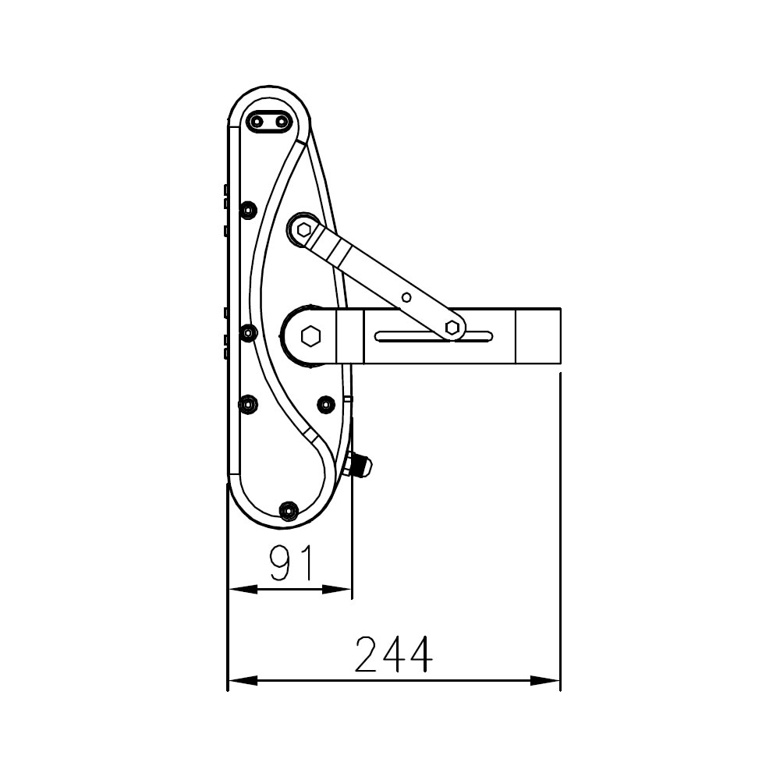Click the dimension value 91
pyautogui.click(x=292, y=562)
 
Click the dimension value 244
pyautogui.click(x=393, y=654)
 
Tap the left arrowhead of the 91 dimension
pyautogui.click(x=243, y=590)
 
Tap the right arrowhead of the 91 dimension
pyautogui.click(x=337, y=590)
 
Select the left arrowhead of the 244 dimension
pyautogui.click(x=243, y=680)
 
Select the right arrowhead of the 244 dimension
pyautogui.click(x=545, y=680)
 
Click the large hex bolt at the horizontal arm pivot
pyautogui.click(x=311, y=335)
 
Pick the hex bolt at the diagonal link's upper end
pyautogui.click(x=303, y=230)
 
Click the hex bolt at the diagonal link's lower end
pyautogui.click(x=452, y=328)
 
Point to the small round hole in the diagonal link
pyautogui.click(x=406, y=297)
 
